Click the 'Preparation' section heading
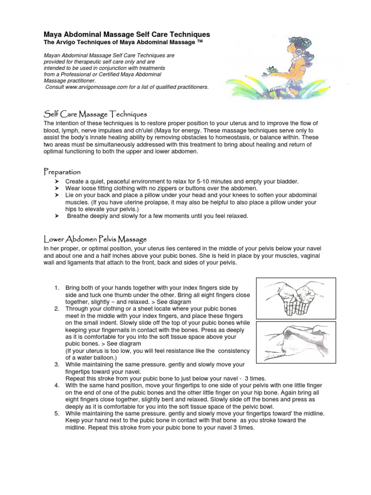coord(62,172)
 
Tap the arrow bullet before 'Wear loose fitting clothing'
coord(56,188)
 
